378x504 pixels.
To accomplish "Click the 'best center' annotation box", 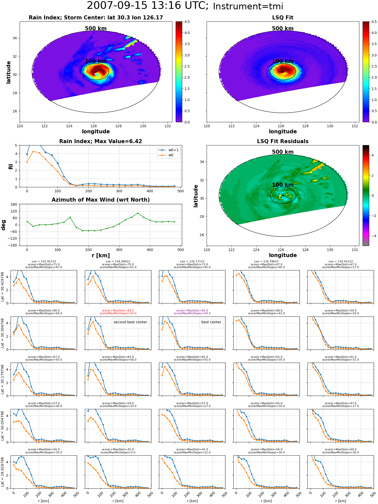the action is (211, 322).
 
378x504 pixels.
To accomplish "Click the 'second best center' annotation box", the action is (130, 322).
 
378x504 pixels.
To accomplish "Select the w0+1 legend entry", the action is (169, 150).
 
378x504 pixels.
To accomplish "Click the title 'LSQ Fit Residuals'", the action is (283, 141).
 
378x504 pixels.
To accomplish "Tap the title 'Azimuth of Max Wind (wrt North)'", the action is (101, 200).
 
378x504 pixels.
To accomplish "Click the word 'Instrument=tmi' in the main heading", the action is (248, 6).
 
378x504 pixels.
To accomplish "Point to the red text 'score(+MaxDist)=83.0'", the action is (118, 310).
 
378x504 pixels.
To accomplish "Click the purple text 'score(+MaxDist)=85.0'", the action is (192, 310).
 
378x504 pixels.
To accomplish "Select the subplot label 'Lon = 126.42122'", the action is (340, 262).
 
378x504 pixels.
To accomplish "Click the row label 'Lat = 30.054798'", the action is (3, 426).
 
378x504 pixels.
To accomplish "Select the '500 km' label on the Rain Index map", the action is (96, 28).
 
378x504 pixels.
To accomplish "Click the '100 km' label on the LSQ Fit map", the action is (283, 61).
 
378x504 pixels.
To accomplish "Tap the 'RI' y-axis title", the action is (11, 167).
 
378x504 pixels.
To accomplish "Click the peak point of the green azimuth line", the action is (138, 213).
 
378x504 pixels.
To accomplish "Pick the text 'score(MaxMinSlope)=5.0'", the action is (118, 452).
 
